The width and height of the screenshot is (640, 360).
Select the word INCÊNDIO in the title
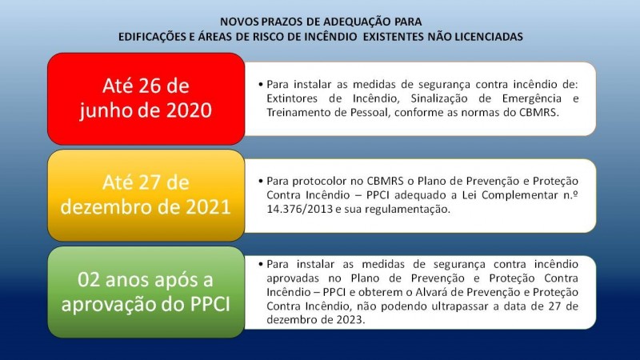(330, 37)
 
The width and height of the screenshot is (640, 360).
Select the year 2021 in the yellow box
(208, 207)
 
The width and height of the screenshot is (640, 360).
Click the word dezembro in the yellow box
(106, 207)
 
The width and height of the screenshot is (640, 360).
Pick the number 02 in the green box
(90, 280)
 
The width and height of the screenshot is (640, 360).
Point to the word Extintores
(292, 98)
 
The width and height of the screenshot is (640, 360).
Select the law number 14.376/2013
(299, 210)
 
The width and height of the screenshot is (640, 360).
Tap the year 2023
(350, 319)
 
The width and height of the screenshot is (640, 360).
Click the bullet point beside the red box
(261, 85)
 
